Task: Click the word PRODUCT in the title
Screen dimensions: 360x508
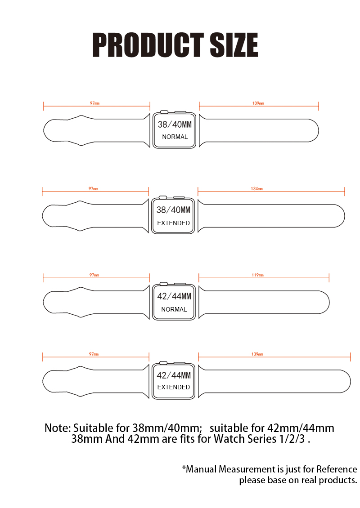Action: [148, 45]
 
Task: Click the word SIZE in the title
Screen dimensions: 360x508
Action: [234, 45]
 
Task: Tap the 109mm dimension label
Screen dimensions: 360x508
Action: [258, 103]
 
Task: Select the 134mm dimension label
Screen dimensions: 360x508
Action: [257, 188]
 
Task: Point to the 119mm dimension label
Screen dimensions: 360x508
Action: [257, 275]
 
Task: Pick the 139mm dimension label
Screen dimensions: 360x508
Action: [257, 354]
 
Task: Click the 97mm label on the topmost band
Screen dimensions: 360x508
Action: [94, 103]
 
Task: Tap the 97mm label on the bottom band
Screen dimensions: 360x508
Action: [94, 354]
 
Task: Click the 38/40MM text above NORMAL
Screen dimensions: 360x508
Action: [175, 125]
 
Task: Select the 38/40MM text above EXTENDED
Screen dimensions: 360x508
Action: [174, 210]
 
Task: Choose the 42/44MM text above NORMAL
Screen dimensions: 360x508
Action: [174, 296]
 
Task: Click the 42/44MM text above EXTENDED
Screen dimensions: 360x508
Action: [174, 375]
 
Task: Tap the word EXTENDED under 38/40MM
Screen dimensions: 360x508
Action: [174, 223]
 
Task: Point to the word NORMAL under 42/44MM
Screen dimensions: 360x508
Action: [174, 309]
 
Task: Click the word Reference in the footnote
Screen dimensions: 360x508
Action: [337, 469]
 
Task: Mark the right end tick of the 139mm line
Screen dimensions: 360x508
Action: [351, 357]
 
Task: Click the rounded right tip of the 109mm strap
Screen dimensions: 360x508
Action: [319, 130]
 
